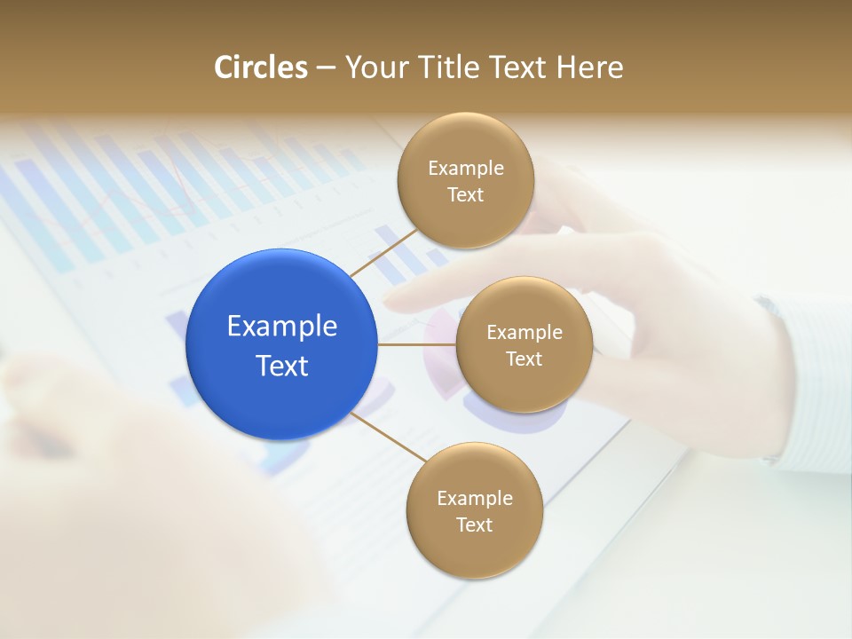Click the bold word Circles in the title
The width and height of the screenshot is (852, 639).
tap(261, 67)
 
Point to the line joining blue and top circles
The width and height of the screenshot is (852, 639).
tap(383, 252)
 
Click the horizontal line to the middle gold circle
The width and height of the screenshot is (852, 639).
tap(417, 344)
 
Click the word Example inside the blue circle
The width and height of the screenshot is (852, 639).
tap(282, 327)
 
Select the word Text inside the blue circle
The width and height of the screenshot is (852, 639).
tap(282, 366)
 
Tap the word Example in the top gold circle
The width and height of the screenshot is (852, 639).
tap(466, 169)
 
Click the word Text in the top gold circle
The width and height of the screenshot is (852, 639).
tap(466, 195)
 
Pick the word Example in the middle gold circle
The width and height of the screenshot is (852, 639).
tap(525, 333)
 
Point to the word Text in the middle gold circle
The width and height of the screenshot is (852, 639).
tap(525, 359)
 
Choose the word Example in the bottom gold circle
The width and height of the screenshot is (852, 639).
tap(475, 499)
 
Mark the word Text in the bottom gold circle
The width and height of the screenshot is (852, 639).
tap(475, 525)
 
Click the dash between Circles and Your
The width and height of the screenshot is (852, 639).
tap(326, 67)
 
